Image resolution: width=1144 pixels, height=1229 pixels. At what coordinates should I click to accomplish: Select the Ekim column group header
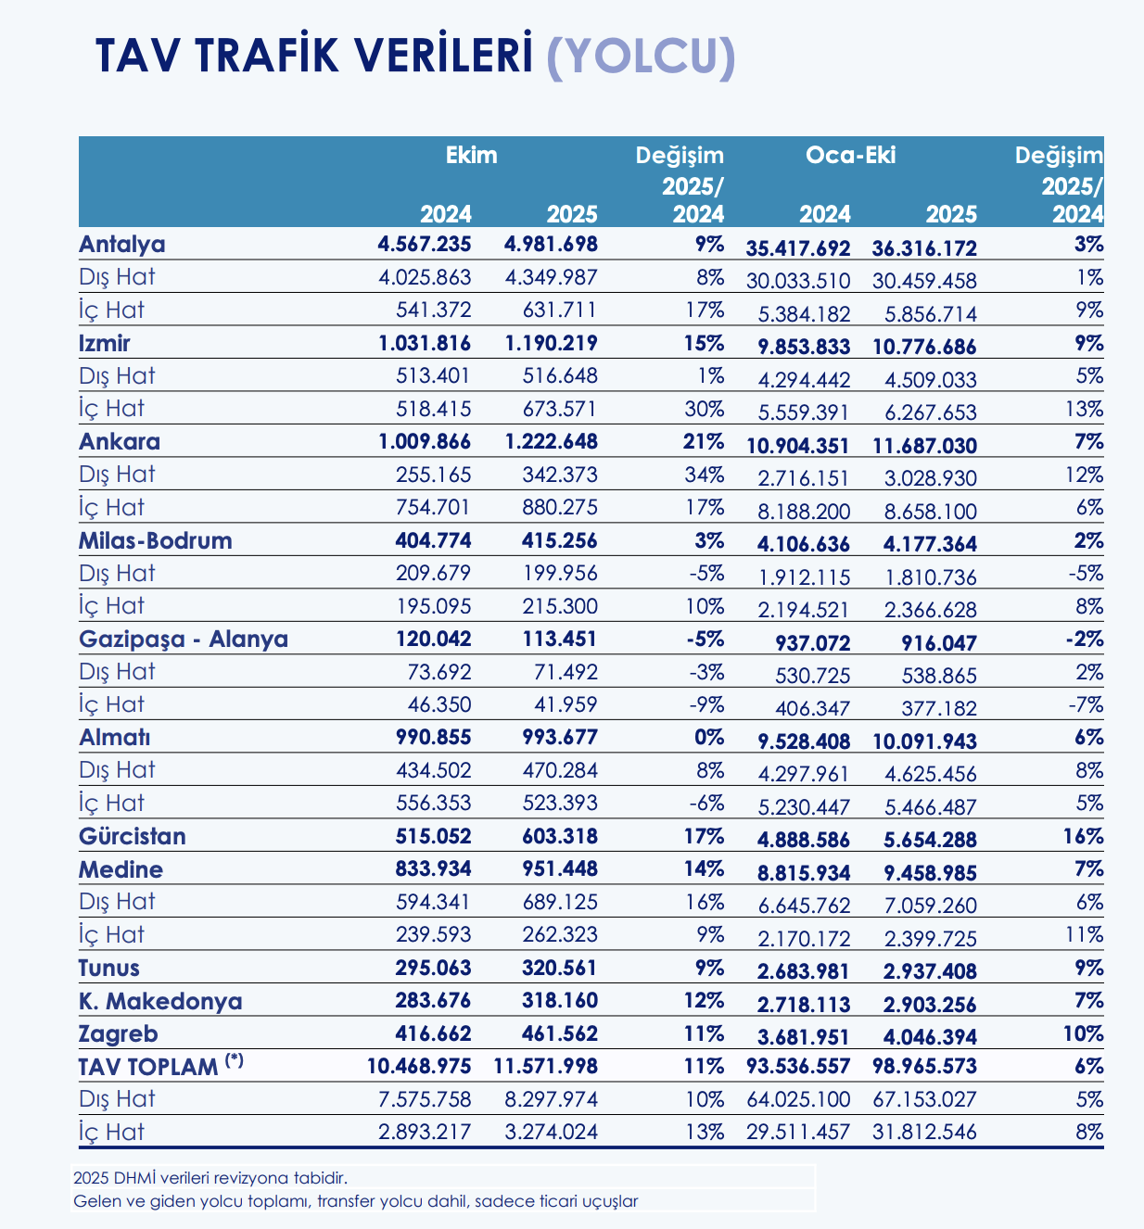472,155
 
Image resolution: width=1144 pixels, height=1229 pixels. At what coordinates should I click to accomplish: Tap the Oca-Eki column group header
850,155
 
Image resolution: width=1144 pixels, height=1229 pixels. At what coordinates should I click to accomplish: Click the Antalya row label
122,245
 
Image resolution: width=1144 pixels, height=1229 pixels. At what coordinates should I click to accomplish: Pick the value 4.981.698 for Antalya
551,245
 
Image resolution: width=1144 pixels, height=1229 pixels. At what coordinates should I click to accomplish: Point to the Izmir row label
105,343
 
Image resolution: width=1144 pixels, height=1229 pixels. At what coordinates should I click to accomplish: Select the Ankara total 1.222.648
551,441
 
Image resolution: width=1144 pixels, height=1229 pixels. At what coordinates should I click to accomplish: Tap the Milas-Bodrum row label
156,540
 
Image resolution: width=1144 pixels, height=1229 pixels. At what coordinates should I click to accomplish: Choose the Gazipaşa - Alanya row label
184,639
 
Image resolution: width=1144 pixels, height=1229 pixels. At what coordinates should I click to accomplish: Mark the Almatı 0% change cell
708,738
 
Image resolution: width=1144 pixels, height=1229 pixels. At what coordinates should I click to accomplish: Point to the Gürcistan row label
133,836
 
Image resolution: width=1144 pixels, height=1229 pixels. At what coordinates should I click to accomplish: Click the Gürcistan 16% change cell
1083,836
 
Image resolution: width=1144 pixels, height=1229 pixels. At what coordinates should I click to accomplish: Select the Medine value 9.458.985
924,873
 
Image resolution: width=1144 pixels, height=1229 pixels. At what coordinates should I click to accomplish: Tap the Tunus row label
109,968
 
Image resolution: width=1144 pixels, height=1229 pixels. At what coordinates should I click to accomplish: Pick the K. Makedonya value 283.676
425,1001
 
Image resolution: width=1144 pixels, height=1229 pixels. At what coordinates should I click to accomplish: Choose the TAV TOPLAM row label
148,1066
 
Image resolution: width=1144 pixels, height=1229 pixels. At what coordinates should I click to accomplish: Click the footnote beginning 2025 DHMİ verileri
210,1179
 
